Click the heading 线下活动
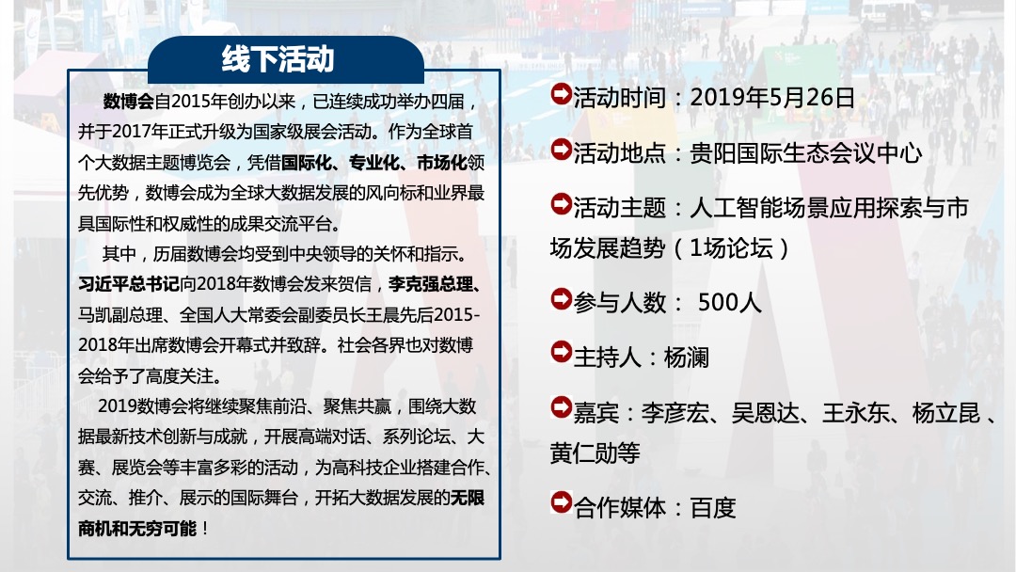pyautogui.click(x=278, y=59)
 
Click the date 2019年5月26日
pyautogui.click(x=771, y=97)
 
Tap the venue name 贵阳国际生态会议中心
pyautogui.click(x=806, y=152)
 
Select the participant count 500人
pyautogui.click(x=730, y=303)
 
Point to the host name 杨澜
pyautogui.click(x=686, y=357)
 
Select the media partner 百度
pyautogui.click(x=713, y=508)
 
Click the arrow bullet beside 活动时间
pyautogui.click(x=560, y=95)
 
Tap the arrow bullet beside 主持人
pyautogui.click(x=560, y=356)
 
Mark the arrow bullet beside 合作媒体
pyautogui.click(x=560, y=506)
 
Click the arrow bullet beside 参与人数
pyautogui.click(x=560, y=301)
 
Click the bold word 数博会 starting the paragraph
pyautogui.click(x=129, y=102)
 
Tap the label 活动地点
pyautogui.click(x=619, y=152)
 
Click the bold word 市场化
pyautogui.click(x=440, y=163)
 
